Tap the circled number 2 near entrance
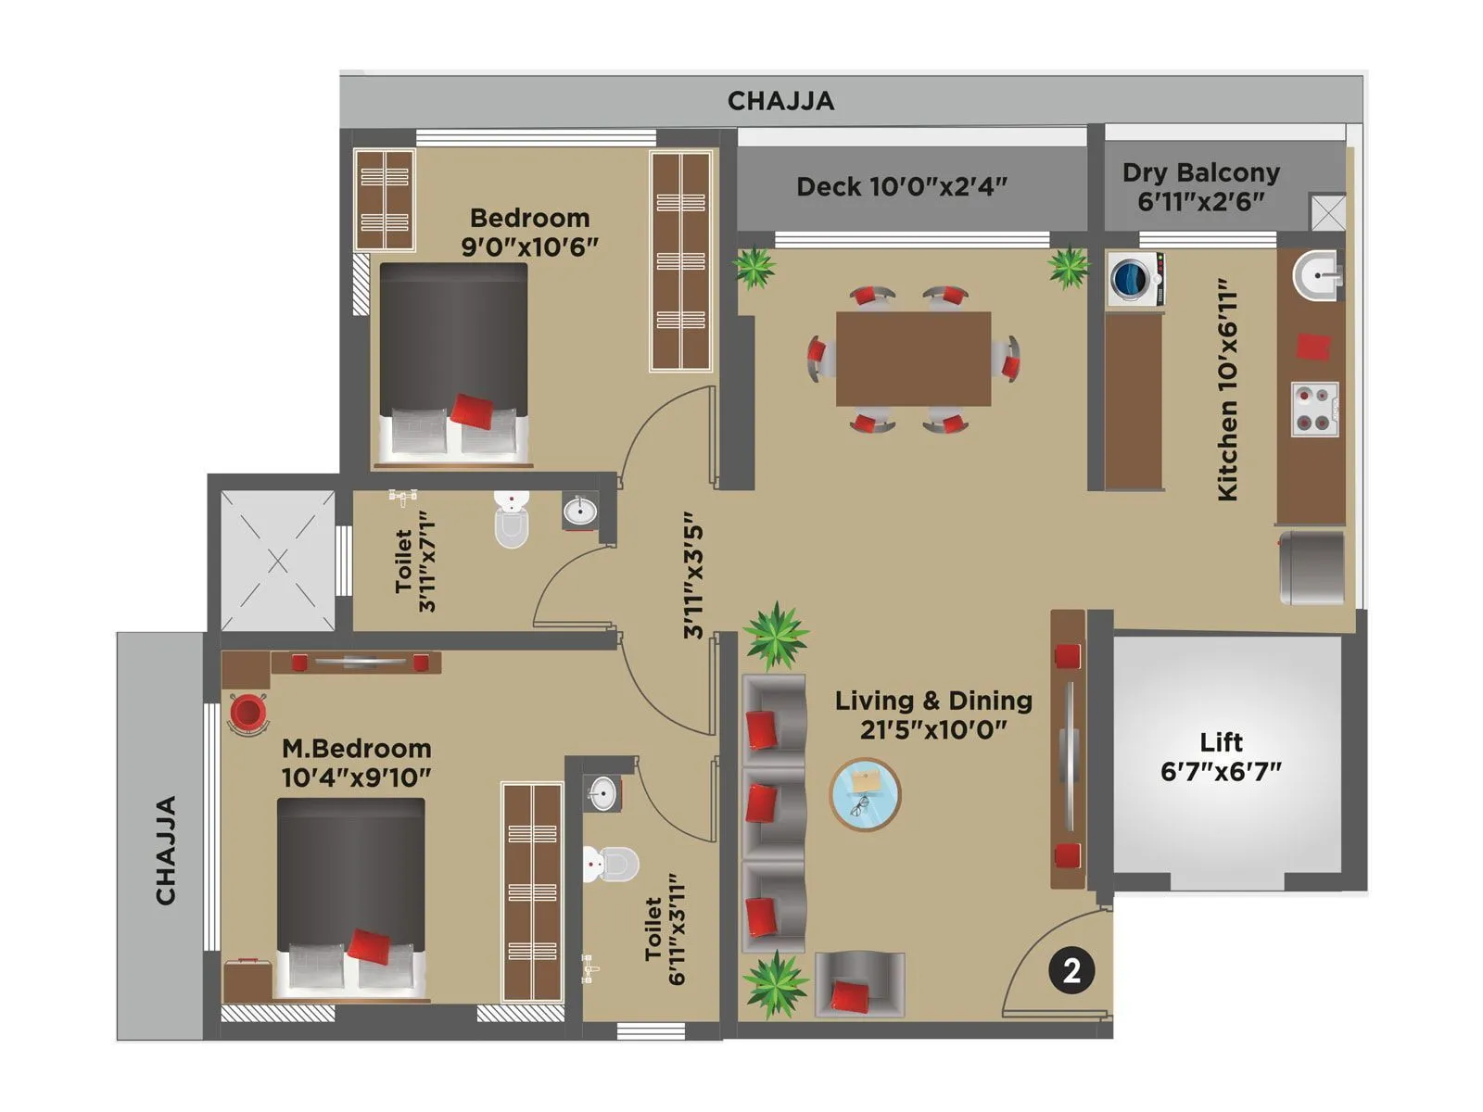pos(1071,970)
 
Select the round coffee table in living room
pos(865,794)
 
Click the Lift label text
pos(1221,756)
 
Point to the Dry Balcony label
pos(1200,186)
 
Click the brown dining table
pos(913,359)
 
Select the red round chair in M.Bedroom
pos(247,713)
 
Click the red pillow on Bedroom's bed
pos(473,410)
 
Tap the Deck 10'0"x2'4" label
pos(901,187)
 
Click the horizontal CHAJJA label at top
pos(780,101)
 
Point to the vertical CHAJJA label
pos(166,850)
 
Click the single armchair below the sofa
pos(858,985)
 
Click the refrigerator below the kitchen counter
pos(1312,567)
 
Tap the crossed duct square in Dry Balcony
pos(1327,213)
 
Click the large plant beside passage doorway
pos(775,635)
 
